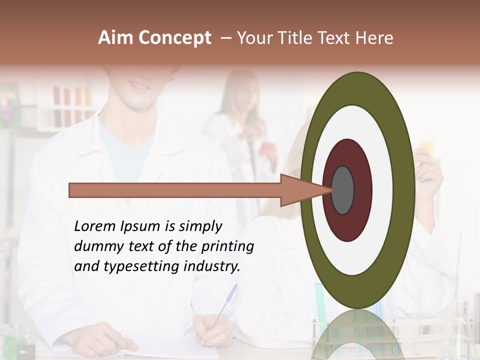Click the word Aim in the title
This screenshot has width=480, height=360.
click(x=116, y=38)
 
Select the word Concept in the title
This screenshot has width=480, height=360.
click(x=174, y=38)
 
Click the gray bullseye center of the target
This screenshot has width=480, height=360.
click(x=342, y=190)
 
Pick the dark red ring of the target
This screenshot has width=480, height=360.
click(x=361, y=190)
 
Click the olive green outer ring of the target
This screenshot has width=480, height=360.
click(x=405, y=190)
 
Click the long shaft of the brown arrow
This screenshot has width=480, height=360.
click(x=175, y=190)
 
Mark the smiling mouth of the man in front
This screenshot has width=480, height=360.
click(x=140, y=85)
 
